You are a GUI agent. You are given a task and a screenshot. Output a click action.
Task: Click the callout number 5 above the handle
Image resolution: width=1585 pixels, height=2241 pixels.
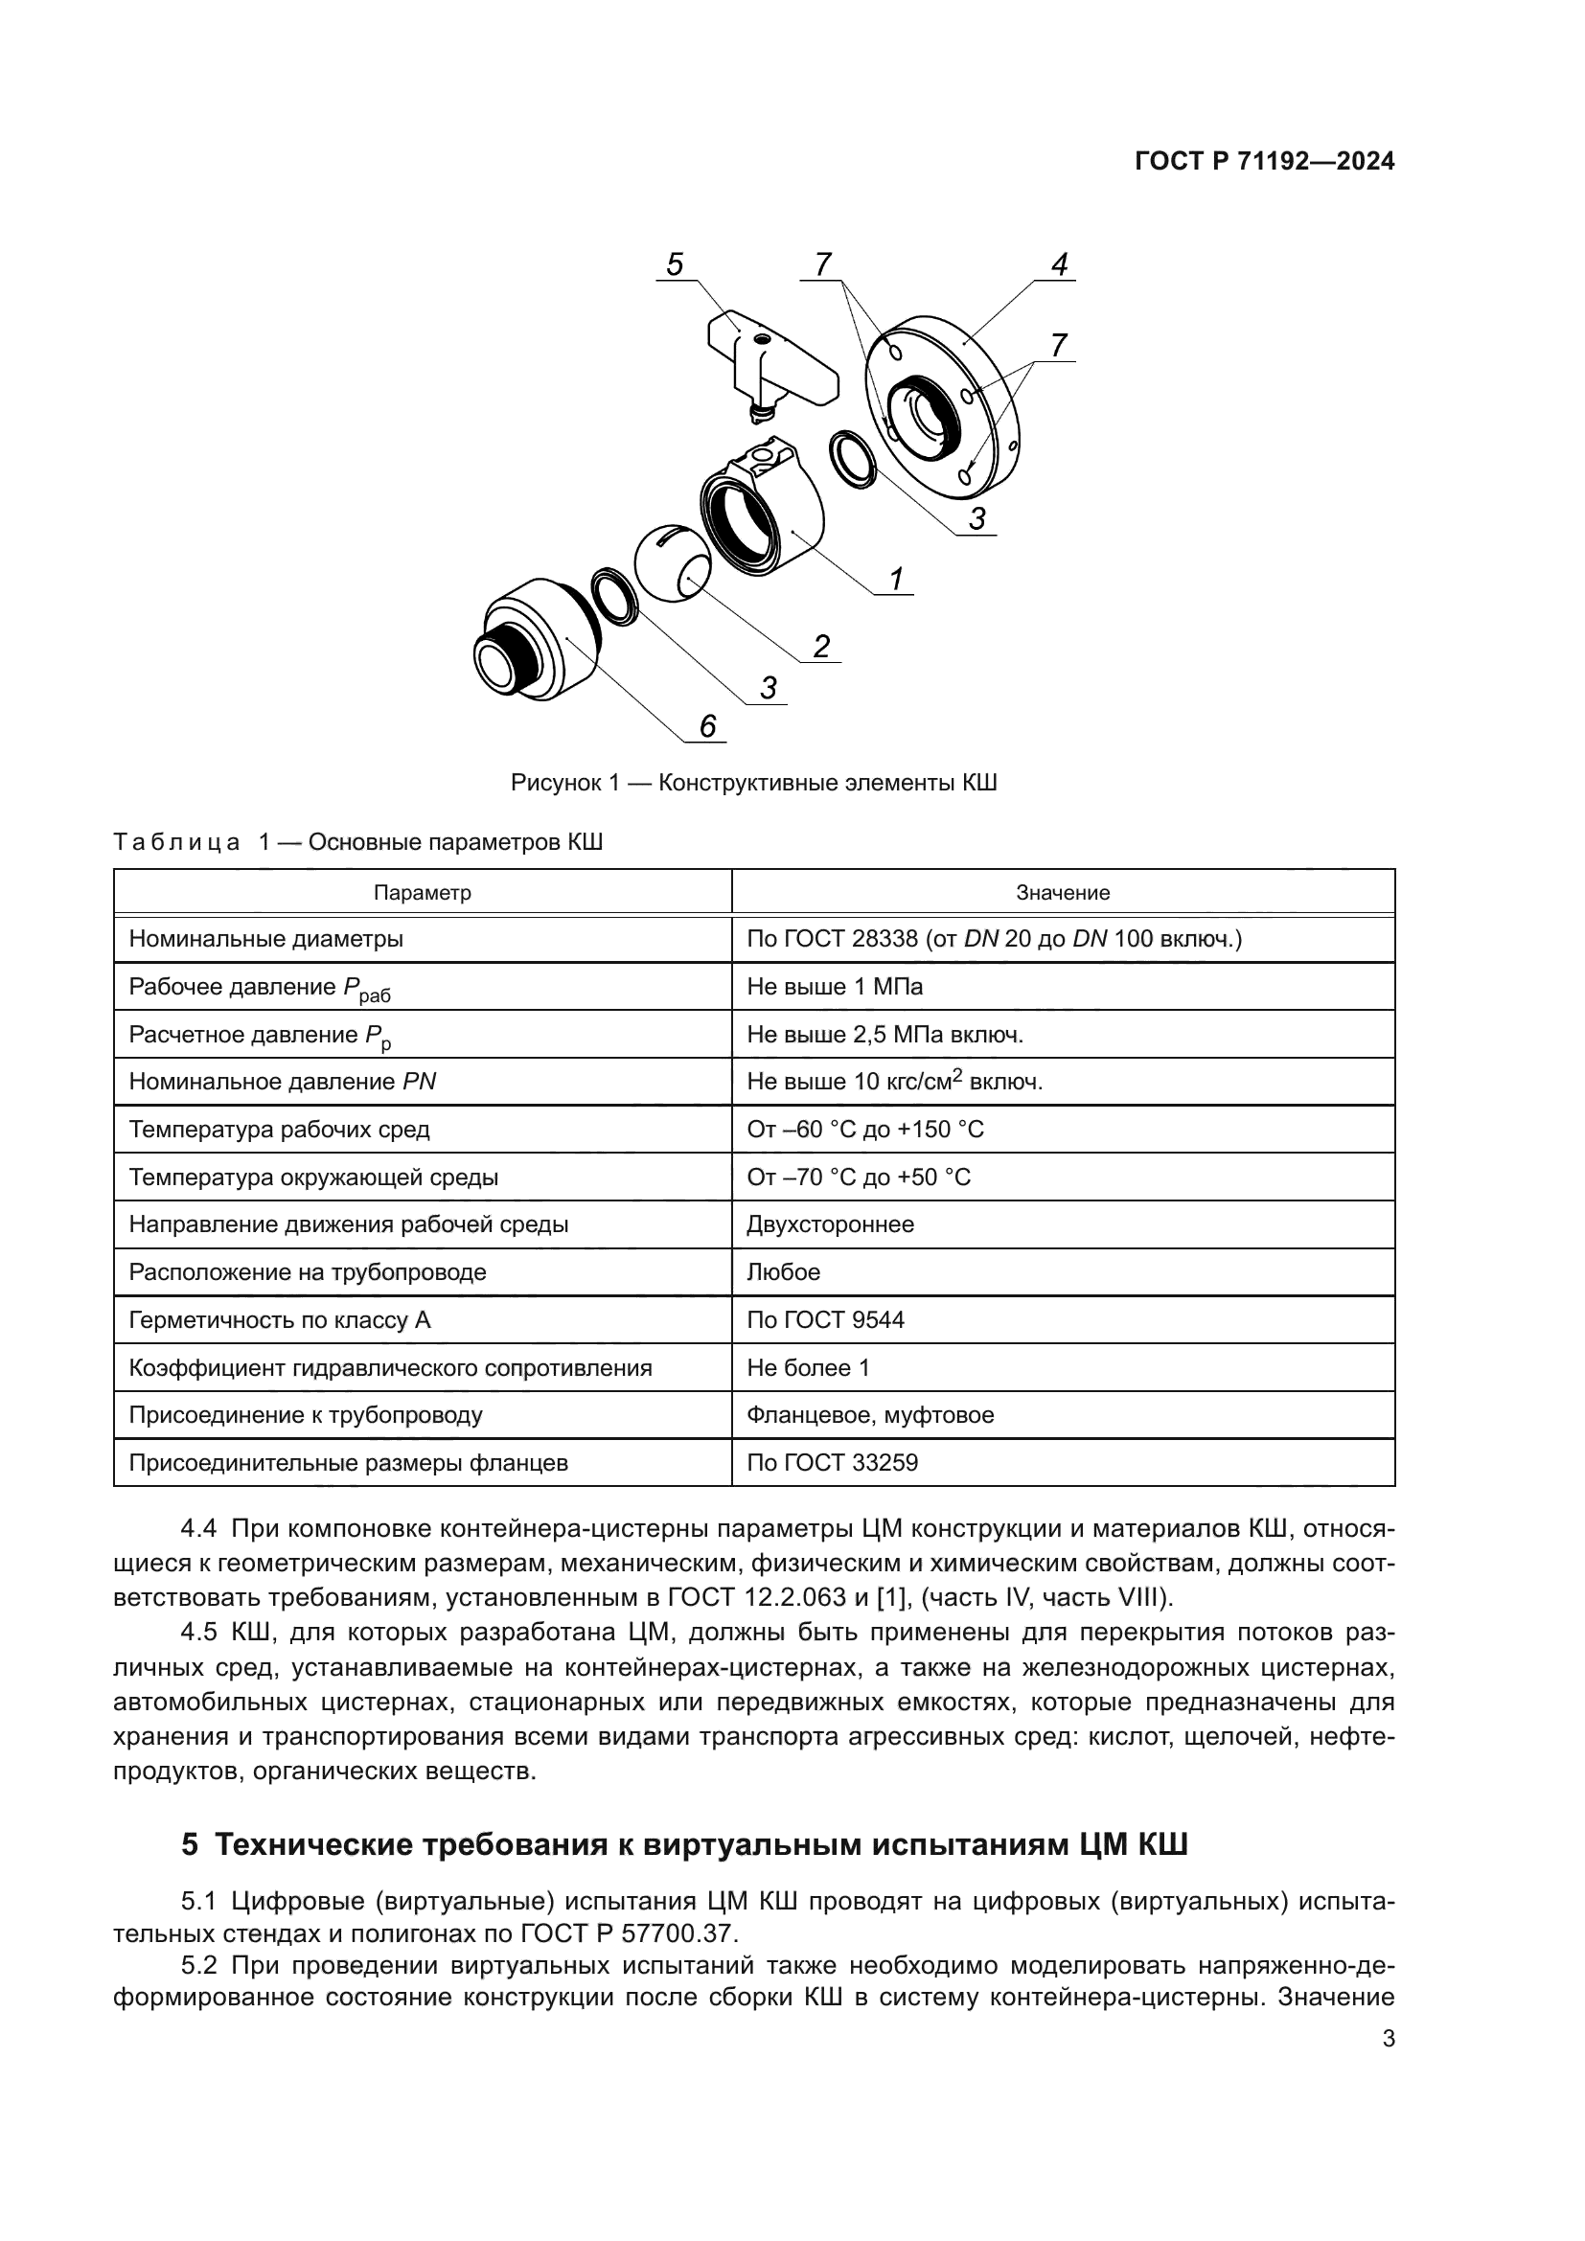[x=675, y=264]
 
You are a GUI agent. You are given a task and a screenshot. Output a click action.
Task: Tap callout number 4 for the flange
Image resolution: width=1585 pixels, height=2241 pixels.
[x=1059, y=264]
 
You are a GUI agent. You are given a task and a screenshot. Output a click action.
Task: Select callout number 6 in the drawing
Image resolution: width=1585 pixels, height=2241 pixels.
[x=707, y=726]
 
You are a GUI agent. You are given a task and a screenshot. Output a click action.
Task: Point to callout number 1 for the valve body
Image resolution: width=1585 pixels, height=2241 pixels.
[x=896, y=579]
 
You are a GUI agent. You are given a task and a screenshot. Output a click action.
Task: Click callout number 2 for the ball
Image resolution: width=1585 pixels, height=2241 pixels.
[x=822, y=646]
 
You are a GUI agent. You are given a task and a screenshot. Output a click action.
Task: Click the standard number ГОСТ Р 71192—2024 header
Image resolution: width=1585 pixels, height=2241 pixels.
[x=1264, y=162]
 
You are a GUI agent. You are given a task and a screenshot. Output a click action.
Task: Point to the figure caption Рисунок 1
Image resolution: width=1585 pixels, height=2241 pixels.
[x=753, y=783]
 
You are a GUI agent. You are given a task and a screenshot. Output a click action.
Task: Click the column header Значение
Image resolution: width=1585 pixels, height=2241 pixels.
[x=1062, y=892]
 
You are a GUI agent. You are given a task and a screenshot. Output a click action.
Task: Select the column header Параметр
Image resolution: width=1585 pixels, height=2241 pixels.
[x=423, y=892]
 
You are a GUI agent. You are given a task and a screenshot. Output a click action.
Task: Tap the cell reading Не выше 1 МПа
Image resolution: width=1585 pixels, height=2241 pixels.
[x=835, y=987]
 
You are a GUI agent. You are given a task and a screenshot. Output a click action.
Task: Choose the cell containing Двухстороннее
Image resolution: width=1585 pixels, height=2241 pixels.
[x=830, y=1223]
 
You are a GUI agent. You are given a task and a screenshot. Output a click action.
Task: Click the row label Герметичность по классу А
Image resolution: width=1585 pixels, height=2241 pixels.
[x=279, y=1319]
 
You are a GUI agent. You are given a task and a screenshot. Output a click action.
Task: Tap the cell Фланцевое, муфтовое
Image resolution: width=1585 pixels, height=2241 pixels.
[x=869, y=1414]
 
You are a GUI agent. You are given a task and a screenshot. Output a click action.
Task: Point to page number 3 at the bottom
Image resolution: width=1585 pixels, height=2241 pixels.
[x=1388, y=2039]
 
